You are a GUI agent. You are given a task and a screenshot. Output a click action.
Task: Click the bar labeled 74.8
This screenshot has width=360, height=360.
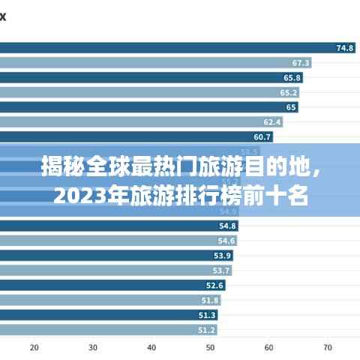(x=165, y=48)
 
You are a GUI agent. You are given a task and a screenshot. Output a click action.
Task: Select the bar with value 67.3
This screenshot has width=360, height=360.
(x=150, y=63)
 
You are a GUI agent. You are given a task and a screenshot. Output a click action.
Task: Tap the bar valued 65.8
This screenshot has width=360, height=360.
(x=142, y=77)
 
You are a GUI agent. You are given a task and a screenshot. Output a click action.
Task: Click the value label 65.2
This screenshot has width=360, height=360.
(x=289, y=92)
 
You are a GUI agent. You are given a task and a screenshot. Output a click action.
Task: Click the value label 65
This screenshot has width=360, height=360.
(x=291, y=107)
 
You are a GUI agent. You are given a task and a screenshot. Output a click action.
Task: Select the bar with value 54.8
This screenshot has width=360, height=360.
(x=112, y=226)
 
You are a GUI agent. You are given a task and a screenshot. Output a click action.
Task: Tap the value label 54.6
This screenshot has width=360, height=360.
(x=226, y=241)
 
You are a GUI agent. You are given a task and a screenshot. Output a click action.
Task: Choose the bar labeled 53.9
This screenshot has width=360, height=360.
(x=109, y=255)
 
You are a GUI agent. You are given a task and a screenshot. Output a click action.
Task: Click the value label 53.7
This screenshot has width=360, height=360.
(x=221, y=270)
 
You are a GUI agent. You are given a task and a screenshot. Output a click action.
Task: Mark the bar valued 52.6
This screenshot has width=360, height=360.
(x=105, y=285)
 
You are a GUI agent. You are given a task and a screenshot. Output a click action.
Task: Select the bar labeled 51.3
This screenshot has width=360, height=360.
(x=101, y=314)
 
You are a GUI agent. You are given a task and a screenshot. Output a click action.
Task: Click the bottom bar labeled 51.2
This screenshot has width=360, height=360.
(x=101, y=329)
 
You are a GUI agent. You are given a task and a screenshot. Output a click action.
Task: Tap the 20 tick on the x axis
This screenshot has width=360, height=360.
(x=34, y=347)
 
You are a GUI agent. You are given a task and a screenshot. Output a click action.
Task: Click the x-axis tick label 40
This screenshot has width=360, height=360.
(x=151, y=347)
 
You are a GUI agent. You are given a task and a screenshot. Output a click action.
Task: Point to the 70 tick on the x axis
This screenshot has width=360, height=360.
(x=328, y=347)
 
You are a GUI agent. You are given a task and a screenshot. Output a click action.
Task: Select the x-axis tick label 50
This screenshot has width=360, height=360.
(x=211, y=347)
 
